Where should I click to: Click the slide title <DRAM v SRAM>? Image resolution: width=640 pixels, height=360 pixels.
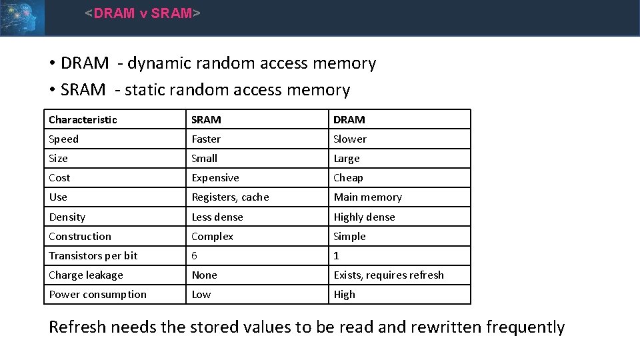click(x=142, y=13)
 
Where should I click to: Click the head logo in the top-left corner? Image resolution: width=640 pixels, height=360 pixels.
click(x=22, y=17)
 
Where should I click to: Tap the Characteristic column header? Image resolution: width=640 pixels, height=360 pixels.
click(x=83, y=119)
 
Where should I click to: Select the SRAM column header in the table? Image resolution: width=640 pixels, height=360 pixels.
click(x=206, y=119)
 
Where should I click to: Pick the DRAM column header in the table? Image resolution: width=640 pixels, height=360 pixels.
click(x=349, y=119)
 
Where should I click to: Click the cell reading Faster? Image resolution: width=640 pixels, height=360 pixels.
click(x=206, y=139)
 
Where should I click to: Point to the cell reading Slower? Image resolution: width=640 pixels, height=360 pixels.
click(x=350, y=139)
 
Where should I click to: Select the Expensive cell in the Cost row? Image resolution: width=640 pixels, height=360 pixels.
click(x=215, y=177)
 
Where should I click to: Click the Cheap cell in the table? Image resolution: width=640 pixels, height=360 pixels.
click(x=348, y=177)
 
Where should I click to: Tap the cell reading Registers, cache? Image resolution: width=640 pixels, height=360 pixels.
click(x=230, y=197)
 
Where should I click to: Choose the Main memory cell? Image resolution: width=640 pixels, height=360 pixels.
click(x=367, y=197)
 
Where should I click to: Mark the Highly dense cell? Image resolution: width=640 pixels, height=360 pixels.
click(x=364, y=217)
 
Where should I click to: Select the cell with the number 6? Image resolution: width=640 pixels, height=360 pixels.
click(x=195, y=255)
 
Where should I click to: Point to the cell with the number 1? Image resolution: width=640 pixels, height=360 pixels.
click(x=337, y=255)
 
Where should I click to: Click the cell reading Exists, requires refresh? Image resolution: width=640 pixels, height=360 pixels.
click(x=389, y=275)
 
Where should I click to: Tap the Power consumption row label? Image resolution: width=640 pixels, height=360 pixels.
click(x=97, y=294)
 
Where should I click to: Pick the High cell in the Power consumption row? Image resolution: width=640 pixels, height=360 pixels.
click(x=344, y=294)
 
